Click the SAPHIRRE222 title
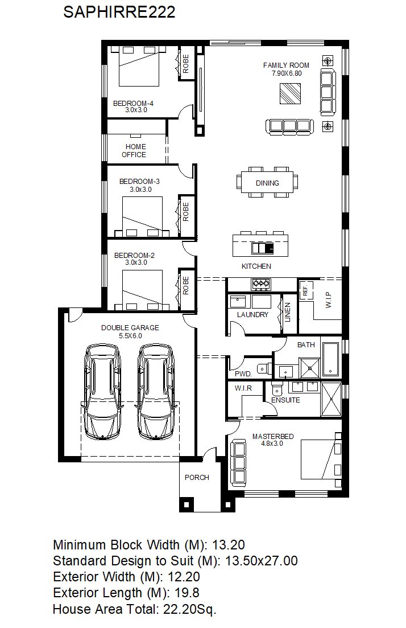pos(119,12)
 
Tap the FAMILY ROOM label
pos(286,65)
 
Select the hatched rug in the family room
pos(290,94)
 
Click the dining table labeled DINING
pos(267,183)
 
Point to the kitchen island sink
pos(262,248)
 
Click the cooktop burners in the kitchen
pos(261,284)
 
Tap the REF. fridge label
pos(305,290)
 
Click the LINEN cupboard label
pos(288,313)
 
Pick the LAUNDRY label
pos(252,315)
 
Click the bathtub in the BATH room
pos(331,359)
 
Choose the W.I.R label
pos(243,388)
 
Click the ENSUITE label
pos(285,400)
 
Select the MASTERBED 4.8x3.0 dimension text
pos(272,444)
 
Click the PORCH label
pos(197,478)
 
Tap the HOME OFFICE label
pos(135,150)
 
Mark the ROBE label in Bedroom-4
pos(185,64)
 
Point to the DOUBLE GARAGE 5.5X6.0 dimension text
pos(130,335)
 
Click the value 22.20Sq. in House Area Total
pos(189,610)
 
